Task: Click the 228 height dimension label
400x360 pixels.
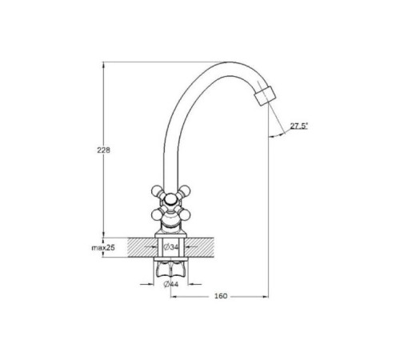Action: click(x=103, y=150)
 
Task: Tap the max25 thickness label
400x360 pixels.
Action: click(x=103, y=248)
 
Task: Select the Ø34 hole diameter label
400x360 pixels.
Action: click(x=170, y=247)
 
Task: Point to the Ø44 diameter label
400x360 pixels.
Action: click(x=170, y=284)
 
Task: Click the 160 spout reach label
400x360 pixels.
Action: click(x=221, y=296)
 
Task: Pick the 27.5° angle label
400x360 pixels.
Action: click(x=299, y=126)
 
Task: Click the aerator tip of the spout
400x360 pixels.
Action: click(x=266, y=96)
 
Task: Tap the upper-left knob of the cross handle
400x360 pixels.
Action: click(x=156, y=191)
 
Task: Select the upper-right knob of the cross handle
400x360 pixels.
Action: click(x=185, y=191)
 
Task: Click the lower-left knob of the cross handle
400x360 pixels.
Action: click(x=156, y=214)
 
